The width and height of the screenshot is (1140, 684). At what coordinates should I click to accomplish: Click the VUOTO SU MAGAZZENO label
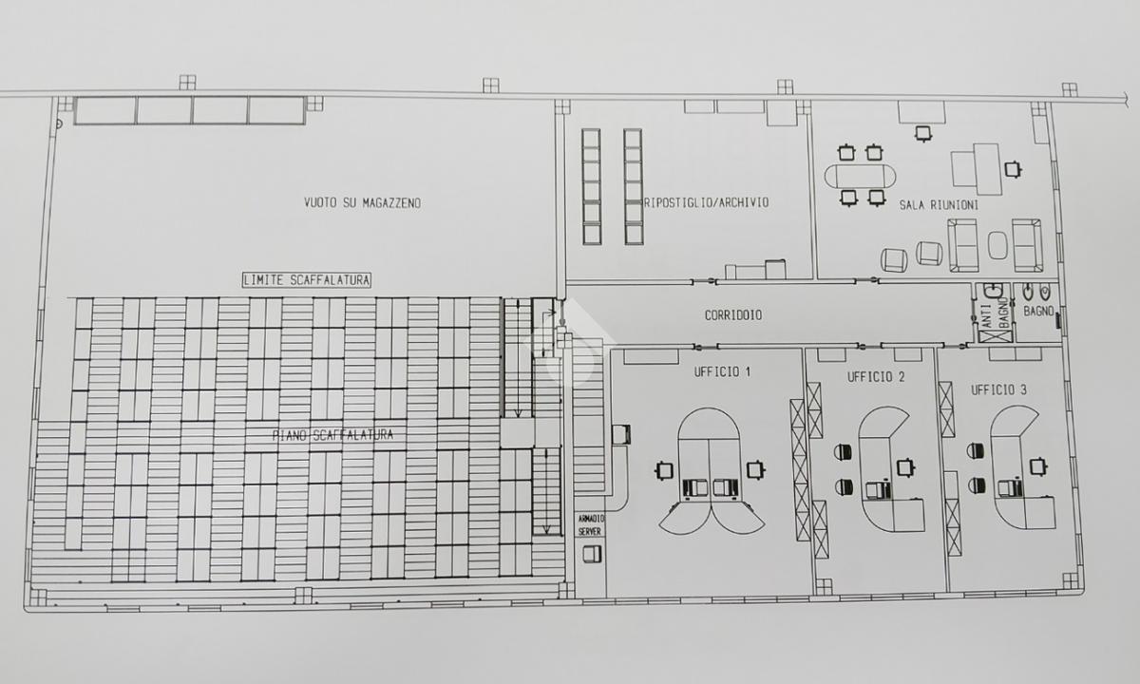click(362, 203)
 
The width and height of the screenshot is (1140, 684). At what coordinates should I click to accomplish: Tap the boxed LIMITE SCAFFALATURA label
click(306, 280)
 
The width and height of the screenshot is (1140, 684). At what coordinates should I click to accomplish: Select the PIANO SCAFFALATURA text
click(332, 435)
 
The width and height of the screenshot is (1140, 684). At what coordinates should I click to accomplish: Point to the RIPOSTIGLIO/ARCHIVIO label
click(707, 202)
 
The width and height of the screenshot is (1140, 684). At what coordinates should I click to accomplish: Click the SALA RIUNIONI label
click(939, 205)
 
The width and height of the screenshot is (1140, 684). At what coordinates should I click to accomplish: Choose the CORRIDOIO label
click(733, 315)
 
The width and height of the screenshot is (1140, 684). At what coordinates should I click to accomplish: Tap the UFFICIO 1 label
click(722, 372)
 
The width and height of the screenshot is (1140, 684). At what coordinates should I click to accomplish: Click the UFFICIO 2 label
click(876, 377)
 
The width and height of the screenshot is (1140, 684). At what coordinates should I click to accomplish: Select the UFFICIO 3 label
click(998, 390)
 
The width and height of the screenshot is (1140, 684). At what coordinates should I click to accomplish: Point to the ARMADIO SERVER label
click(590, 525)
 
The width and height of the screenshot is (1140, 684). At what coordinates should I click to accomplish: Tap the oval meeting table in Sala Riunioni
click(860, 176)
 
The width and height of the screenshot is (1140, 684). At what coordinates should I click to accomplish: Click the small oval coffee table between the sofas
click(997, 245)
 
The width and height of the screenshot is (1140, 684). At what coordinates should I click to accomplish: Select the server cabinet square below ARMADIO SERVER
click(592, 554)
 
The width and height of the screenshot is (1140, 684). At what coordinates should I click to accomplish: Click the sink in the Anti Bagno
click(993, 291)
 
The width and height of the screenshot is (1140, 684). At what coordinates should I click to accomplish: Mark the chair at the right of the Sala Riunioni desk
click(1013, 169)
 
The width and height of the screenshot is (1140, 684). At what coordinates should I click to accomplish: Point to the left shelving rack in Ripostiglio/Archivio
click(591, 187)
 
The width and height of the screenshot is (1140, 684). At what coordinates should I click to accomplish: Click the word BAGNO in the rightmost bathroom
click(1038, 311)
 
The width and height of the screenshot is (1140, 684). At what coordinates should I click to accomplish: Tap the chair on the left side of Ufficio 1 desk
click(664, 470)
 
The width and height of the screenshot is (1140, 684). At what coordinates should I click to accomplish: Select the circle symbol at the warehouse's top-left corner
click(59, 123)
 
